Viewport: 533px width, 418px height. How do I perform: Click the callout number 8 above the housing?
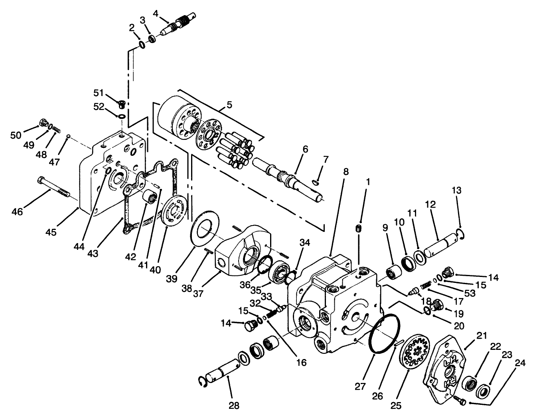(x=345, y=172)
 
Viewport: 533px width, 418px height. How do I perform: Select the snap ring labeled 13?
(x=462, y=235)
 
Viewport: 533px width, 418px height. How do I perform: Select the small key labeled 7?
(x=316, y=183)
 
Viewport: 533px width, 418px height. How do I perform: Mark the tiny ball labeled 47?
(x=69, y=137)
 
